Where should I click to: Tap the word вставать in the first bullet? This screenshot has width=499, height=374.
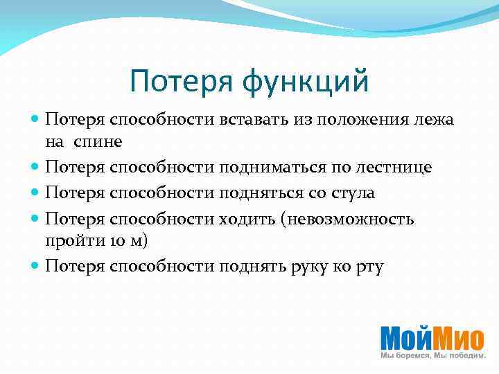[x=249, y=119]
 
